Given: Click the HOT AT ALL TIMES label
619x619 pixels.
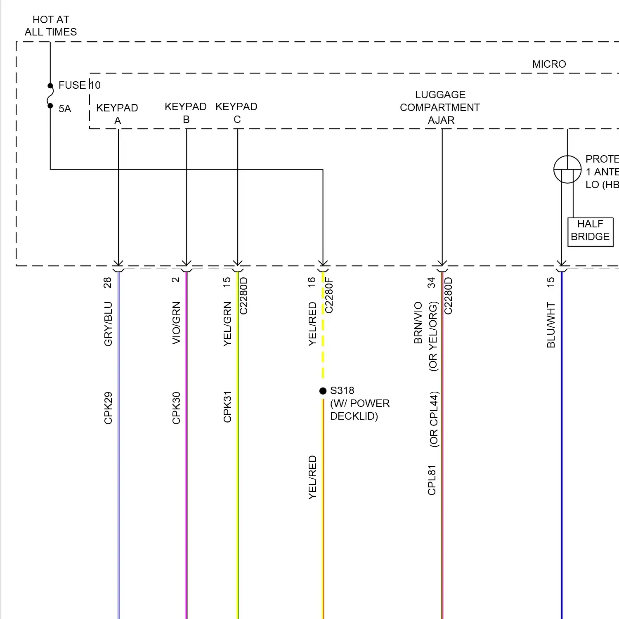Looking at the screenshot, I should pos(51,26).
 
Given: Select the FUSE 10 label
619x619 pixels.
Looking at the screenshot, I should pos(79,85).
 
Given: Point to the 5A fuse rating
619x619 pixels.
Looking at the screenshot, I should pos(65,109).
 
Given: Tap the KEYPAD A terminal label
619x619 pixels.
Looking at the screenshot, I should pos(117,114).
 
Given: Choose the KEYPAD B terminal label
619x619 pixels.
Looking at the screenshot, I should pos(186,113).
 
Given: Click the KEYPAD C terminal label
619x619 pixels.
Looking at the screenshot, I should pos(236,113).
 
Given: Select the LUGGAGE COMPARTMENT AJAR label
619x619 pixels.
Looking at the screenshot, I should pos(440,107).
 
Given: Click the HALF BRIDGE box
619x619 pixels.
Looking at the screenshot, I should pos(590,230).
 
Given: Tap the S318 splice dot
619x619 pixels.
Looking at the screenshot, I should pos(323,391).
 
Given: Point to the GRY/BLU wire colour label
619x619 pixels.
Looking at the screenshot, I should pos(108,324).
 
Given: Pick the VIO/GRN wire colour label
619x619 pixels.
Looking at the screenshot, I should pos(176,323).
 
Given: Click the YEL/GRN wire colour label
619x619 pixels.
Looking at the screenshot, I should pos(227,324).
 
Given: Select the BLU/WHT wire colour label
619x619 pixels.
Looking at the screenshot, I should pos(551,325).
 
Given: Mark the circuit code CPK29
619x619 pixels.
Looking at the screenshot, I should pos(108,408).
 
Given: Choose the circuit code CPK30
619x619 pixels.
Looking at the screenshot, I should pos(176,408).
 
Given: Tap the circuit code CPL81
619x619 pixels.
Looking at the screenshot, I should pos(432,480).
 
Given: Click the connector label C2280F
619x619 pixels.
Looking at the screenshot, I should pos(329,295).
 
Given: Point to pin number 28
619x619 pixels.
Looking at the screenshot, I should pos(107,283).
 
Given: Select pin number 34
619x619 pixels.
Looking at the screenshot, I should pos(432,283).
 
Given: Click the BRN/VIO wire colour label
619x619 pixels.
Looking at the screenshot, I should pos(418,323).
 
